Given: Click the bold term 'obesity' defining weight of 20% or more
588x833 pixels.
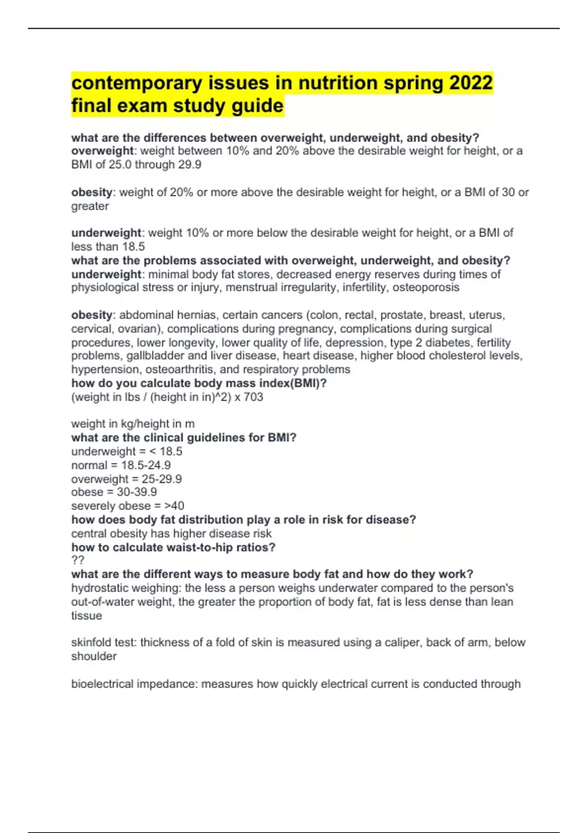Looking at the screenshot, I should pos(92,192).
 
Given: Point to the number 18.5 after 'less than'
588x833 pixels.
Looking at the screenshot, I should pos(133,246).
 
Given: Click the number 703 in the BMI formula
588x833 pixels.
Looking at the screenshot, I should pos(253,397).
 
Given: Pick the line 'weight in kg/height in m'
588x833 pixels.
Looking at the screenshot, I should pos(133,423).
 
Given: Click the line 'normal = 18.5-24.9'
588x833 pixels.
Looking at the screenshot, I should pos(121,465).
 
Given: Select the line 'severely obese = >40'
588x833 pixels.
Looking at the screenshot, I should pos(127,506).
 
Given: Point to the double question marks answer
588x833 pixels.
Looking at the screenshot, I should pos(78,560).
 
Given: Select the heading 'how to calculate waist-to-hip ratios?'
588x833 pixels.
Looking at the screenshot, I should pos(173,547).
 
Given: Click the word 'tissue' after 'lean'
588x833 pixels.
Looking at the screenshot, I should pos(87,615).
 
